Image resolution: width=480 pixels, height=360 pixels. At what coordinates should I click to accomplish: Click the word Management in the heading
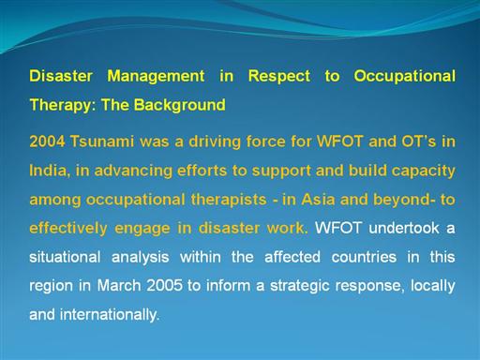click(x=156, y=76)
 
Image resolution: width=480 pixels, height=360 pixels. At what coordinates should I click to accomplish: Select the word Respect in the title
click(x=279, y=77)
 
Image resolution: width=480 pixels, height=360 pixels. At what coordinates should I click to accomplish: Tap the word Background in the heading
click(x=180, y=105)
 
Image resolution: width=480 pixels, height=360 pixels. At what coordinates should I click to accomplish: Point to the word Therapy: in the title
click(x=63, y=105)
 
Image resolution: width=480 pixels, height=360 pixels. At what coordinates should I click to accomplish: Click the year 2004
click(x=47, y=142)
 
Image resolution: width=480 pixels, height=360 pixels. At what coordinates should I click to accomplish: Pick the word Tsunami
click(x=102, y=142)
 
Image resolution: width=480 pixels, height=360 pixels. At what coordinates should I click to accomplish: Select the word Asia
click(x=318, y=200)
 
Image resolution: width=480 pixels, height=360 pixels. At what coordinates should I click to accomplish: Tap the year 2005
click(x=164, y=285)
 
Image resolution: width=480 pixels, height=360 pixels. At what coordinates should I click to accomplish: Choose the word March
click(x=119, y=285)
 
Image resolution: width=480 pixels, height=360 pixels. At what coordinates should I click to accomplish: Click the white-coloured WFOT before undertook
click(x=338, y=228)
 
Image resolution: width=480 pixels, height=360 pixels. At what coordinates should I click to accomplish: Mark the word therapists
click(x=229, y=200)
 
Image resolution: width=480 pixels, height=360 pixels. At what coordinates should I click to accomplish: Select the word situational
click(x=65, y=257)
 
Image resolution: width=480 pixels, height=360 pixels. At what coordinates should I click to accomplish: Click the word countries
click(x=364, y=257)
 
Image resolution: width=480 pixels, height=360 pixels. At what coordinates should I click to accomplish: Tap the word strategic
click(x=300, y=286)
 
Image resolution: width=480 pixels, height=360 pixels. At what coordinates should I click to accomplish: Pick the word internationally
click(x=110, y=315)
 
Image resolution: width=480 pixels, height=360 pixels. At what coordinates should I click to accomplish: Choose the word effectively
click(x=68, y=229)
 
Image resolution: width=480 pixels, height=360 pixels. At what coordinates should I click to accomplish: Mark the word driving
click(x=215, y=142)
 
